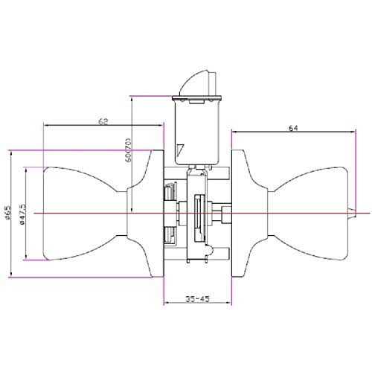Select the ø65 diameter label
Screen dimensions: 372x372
[x=8, y=214]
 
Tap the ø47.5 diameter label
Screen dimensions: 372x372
[x=25, y=214]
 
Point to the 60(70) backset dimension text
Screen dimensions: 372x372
[x=128, y=150]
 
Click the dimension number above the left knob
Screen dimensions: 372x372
[x=103, y=119]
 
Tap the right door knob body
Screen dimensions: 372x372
[x=312, y=214]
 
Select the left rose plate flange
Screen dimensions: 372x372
[x=157, y=214]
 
